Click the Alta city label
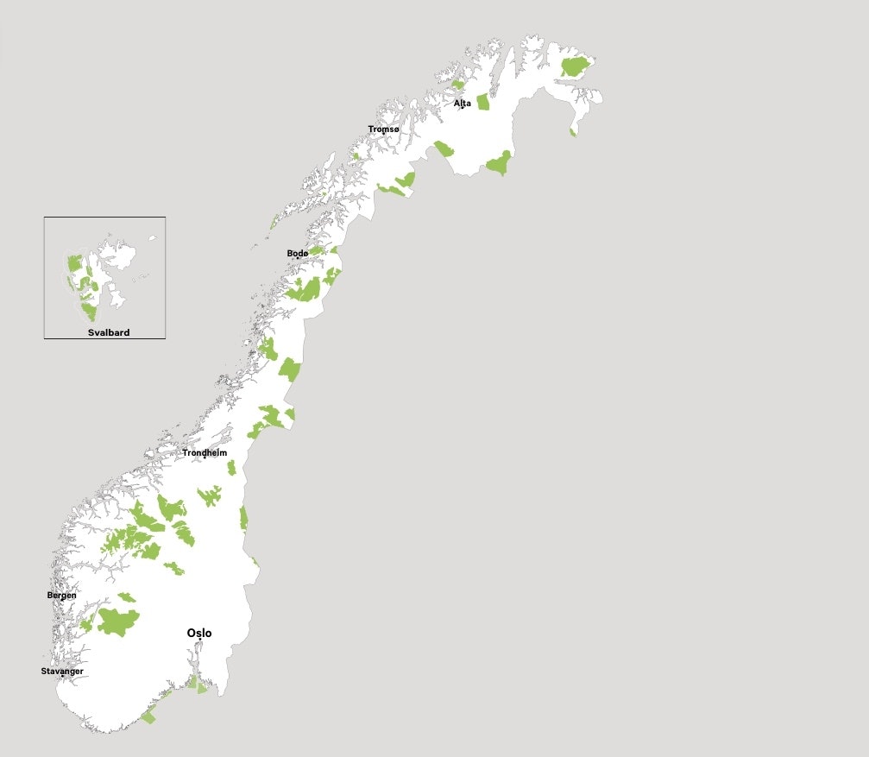[x=463, y=103]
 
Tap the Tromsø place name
[x=383, y=129]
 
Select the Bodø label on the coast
[x=297, y=253]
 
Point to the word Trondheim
[x=205, y=452]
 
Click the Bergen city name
[x=61, y=595]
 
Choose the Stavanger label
[x=62, y=671]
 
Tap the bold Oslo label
[x=199, y=633]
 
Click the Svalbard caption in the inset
[x=109, y=332]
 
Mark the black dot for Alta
[x=462, y=108]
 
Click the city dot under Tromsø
[x=384, y=135]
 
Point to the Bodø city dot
[x=298, y=258]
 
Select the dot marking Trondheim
[x=205, y=457]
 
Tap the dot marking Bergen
[x=62, y=601]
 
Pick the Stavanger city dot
[x=62, y=677]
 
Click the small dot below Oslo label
[x=199, y=640]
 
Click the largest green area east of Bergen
[x=117, y=621]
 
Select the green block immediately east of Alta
[x=482, y=102]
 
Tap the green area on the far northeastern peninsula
[x=574, y=66]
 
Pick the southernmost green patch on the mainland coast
[x=149, y=716]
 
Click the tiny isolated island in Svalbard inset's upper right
[x=152, y=238]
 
